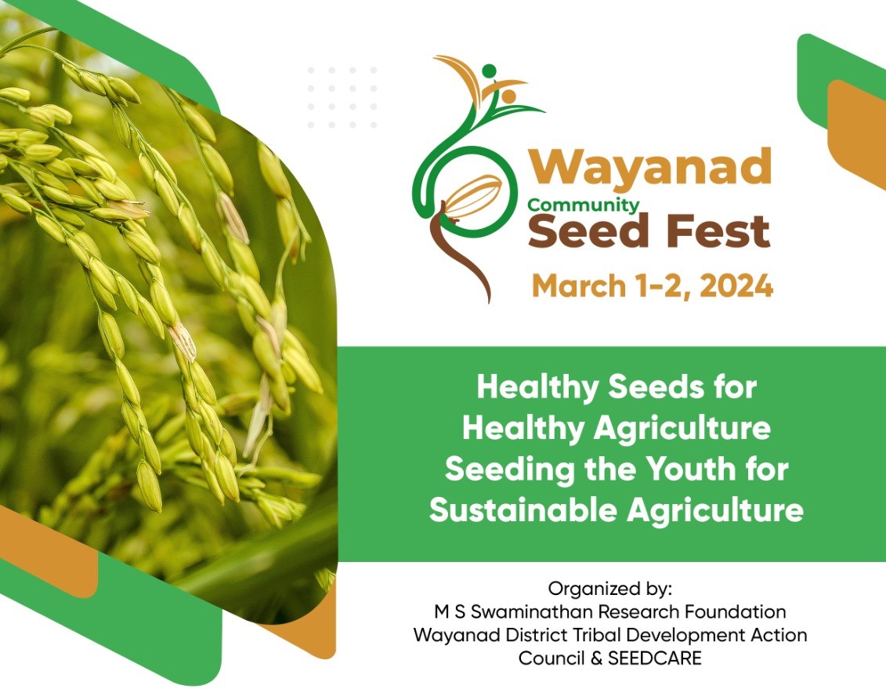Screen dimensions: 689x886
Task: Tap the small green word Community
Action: [x=583, y=205]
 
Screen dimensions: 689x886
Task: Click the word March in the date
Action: [x=575, y=285]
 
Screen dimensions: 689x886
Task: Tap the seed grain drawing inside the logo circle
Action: [x=472, y=196]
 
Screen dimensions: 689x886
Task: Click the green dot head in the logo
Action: [x=489, y=71]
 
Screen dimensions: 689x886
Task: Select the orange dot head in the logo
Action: [x=508, y=96]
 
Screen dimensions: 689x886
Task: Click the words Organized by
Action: [x=610, y=588]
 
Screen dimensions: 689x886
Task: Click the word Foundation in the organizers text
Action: [x=737, y=611]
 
